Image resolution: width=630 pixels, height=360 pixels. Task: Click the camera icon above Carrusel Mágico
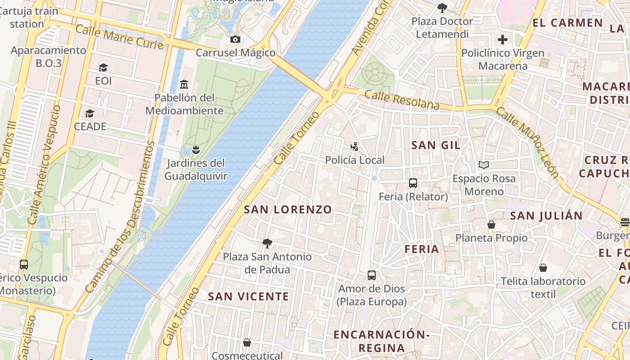tap(235, 40)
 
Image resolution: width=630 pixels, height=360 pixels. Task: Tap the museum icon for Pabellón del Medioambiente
tap(184, 84)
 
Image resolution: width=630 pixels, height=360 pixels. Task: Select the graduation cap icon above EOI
tap(103, 68)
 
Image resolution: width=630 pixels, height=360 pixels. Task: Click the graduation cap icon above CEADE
tap(90, 113)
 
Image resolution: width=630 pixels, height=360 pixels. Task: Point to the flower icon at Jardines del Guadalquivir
tap(196, 149)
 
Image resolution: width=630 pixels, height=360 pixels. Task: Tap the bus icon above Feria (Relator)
tap(413, 183)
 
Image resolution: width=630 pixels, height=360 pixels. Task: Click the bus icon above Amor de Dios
tap(372, 275)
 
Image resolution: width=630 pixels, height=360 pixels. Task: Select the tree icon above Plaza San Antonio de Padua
tap(267, 243)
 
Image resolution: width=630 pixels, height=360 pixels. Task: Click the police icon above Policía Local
tap(355, 146)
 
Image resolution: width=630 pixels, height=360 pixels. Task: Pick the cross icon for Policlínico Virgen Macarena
tap(503, 40)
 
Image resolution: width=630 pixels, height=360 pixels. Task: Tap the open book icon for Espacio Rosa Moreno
tap(484, 165)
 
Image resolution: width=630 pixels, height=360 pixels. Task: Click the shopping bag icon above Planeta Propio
tap(491, 224)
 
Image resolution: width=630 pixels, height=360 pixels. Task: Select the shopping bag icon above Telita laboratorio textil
tap(543, 268)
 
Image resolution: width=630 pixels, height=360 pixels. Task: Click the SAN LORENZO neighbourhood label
tap(288, 209)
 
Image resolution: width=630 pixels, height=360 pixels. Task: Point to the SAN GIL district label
tap(436, 145)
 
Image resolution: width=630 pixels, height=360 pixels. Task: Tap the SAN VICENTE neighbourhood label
tap(248, 296)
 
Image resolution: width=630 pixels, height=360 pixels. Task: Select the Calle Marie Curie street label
tap(119, 37)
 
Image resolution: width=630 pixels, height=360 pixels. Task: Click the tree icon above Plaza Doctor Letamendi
tap(442, 8)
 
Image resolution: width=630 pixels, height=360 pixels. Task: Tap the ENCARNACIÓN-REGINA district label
tap(382, 341)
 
